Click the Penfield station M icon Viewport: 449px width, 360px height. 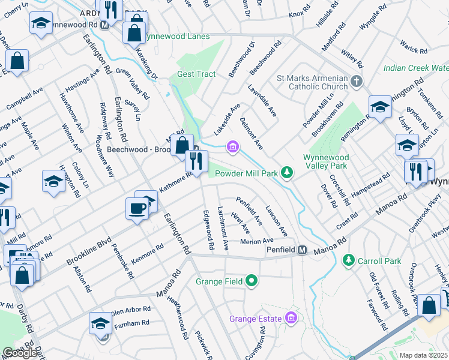click(303, 250)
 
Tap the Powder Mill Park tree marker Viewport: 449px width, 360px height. click(288, 173)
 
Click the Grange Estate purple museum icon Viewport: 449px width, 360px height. click(292, 317)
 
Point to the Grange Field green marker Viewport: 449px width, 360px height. click(252, 281)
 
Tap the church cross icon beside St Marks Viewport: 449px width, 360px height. click(357, 81)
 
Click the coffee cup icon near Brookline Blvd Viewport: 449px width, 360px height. click(137, 208)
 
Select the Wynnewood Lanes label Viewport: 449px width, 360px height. click(176, 37)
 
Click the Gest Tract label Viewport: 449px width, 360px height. click(196, 74)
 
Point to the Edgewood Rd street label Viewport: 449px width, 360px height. click(208, 230)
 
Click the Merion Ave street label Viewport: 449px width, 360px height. click(256, 241)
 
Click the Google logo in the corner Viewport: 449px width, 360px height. click(20, 353)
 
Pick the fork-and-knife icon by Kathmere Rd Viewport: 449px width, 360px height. click(196, 161)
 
